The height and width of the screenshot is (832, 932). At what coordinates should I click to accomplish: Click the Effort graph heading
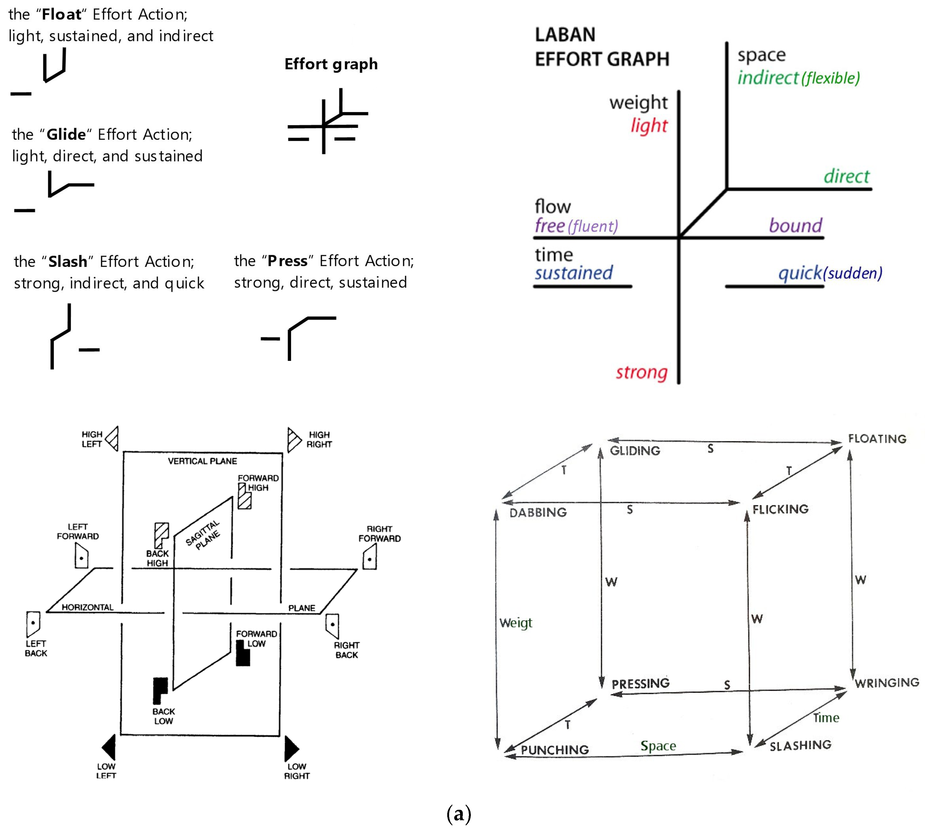tap(331, 64)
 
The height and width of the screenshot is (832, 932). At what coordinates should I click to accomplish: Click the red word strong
tap(642, 373)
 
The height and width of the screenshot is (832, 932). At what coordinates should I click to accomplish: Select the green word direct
tap(846, 176)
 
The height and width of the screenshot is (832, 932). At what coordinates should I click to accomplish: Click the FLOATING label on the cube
tap(877, 439)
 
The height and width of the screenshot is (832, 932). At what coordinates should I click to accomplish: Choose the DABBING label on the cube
tap(538, 512)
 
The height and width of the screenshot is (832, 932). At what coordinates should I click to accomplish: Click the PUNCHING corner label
tap(554, 750)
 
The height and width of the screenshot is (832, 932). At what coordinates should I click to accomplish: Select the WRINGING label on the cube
tap(887, 683)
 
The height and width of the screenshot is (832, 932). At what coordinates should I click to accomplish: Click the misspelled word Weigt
tap(516, 623)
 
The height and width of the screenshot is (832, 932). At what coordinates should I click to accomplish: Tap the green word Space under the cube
tap(658, 746)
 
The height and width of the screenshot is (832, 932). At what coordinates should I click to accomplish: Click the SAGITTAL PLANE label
tap(203, 535)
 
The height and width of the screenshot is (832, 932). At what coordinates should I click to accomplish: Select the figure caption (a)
tap(458, 814)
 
